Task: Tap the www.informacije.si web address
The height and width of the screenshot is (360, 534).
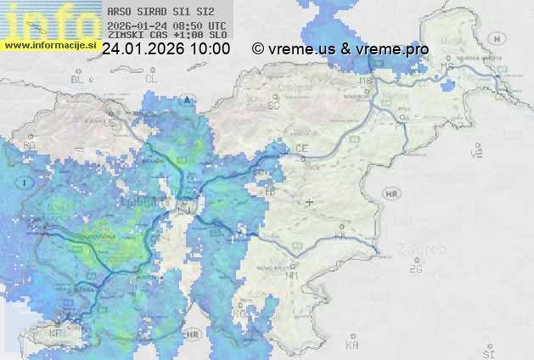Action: [x=49, y=44]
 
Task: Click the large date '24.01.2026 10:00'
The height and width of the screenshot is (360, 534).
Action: [x=166, y=49]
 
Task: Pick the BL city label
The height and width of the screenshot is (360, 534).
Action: [x=81, y=79]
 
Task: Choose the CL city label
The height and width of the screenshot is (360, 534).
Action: [x=152, y=79]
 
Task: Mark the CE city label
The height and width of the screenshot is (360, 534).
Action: [x=301, y=149]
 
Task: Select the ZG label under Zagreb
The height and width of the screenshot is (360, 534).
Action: [x=415, y=268]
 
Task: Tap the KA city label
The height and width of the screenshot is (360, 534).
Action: [x=351, y=345]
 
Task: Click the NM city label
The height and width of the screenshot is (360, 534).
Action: [x=293, y=276]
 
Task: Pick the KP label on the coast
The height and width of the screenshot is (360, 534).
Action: [x=55, y=334]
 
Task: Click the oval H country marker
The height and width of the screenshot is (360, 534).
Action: [x=498, y=38]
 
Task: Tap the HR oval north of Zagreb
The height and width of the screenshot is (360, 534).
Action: [x=391, y=194]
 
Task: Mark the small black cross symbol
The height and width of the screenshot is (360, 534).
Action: [x=310, y=203]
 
